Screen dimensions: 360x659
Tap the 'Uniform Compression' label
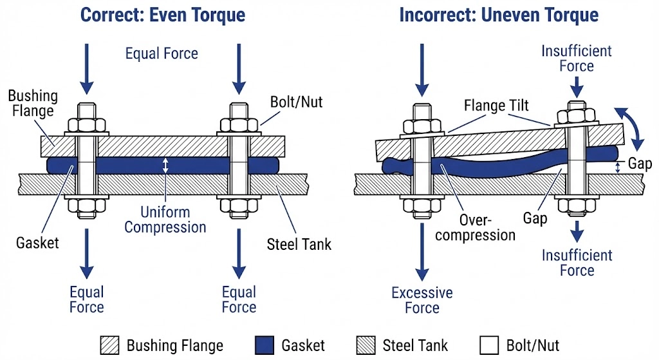click(x=165, y=220)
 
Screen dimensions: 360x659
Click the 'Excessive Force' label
click(x=422, y=300)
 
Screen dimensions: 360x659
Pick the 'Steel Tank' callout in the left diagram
click(x=299, y=244)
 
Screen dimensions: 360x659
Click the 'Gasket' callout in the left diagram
click(x=37, y=242)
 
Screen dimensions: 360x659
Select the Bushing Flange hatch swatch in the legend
click(x=109, y=345)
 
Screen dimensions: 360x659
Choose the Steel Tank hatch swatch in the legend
click(x=365, y=345)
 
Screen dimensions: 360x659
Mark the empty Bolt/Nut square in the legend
click(x=489, y=345)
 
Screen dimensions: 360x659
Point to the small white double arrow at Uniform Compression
click(x=165, y=166)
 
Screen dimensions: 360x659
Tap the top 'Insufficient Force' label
click(x=577, y=58)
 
